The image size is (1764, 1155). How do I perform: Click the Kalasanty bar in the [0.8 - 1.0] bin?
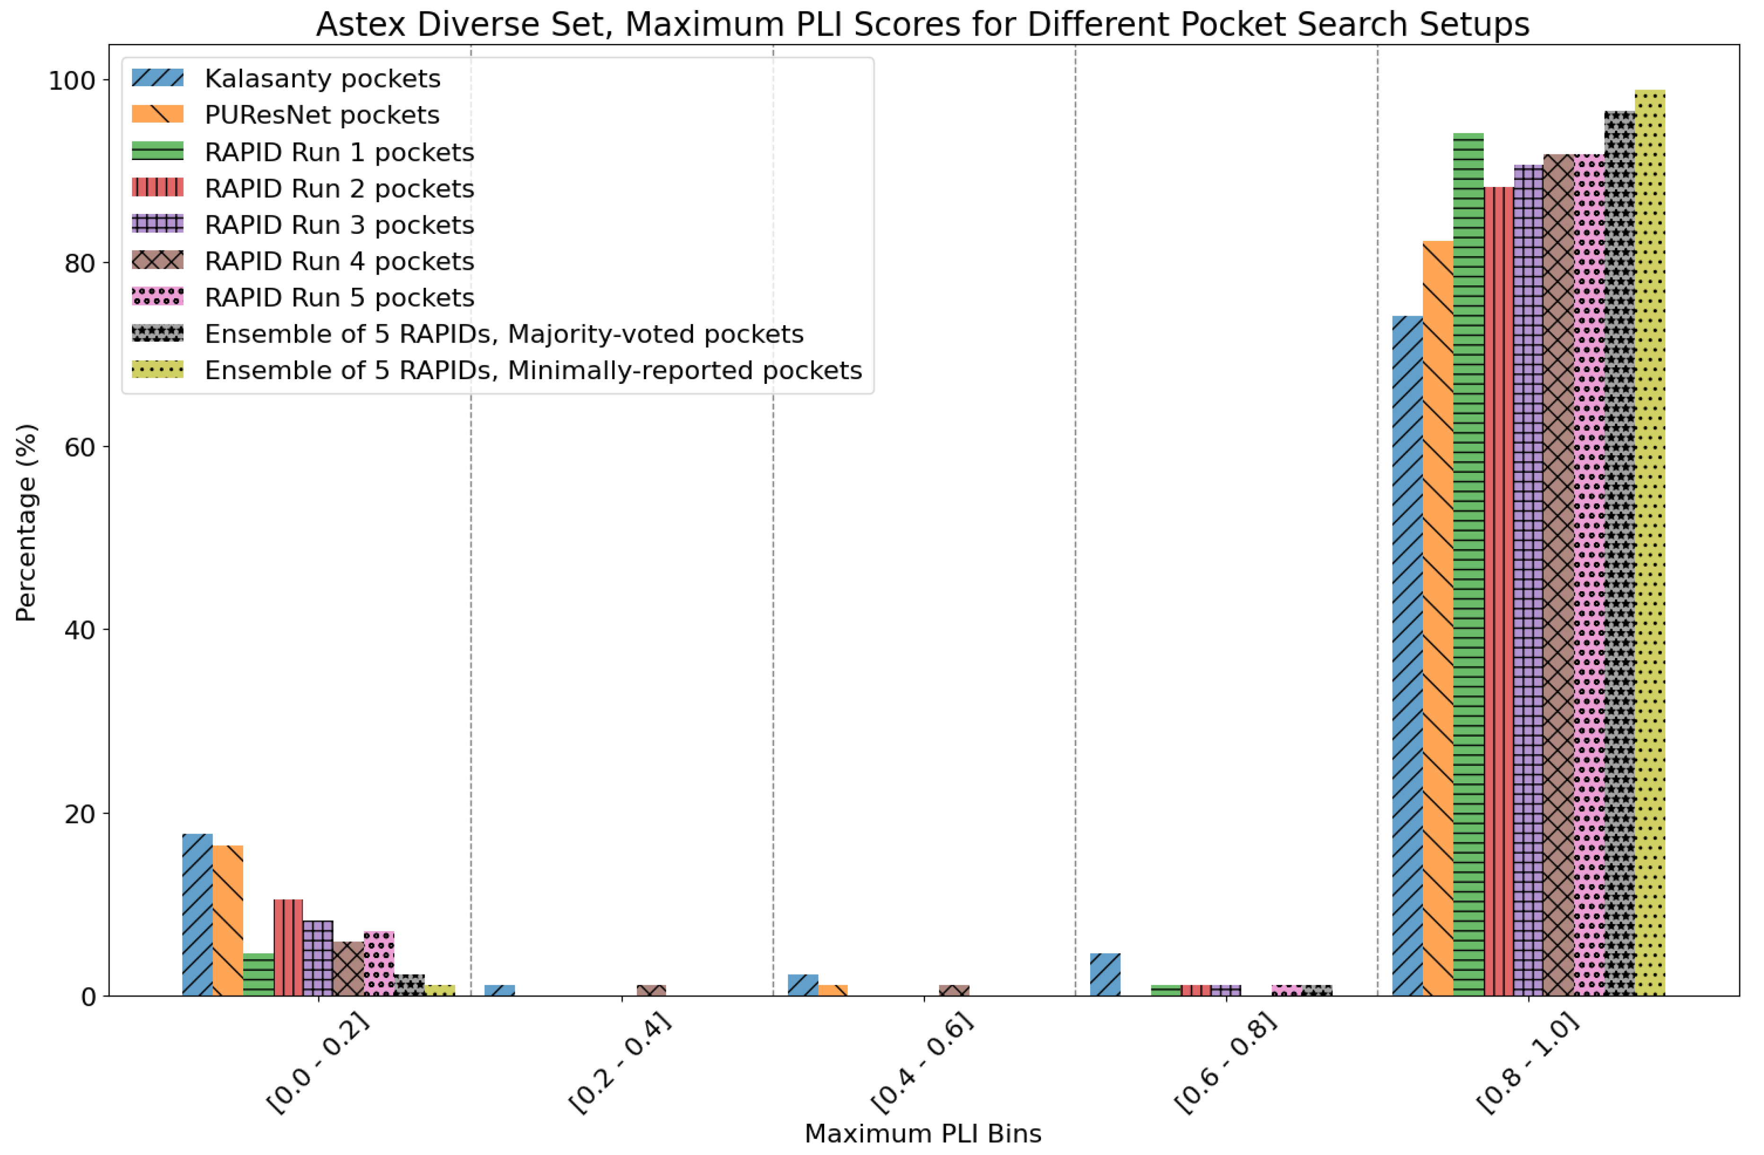pyautogui.click(x=1408, y=656)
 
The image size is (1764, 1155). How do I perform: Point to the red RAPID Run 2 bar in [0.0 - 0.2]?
pyautogui.click(x=288, y=947)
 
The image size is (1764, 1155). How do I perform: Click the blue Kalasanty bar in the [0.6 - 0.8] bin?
pyautogui.click(x=1105, y=974)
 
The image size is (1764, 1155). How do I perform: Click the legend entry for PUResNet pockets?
pyautogui.click(x=322, y=115)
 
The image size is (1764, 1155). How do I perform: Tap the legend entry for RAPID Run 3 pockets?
pyautogui.click(x=339, y=225)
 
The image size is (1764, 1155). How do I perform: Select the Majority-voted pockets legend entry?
pyautogui.click(x=504, y=334)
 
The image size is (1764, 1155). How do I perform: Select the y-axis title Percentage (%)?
pyautogui.click(x=26, y=523)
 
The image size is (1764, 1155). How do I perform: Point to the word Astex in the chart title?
pyautogui.click(x=362, y=25)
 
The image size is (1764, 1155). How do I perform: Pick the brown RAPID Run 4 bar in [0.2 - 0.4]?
pyautogui.click(x=651, y=990)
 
